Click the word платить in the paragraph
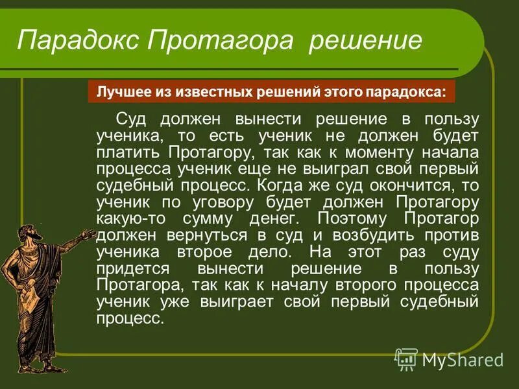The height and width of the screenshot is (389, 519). tap(128, 152)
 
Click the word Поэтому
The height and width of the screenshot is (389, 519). tap(353, 217)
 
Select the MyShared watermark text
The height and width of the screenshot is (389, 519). tap(463, 360)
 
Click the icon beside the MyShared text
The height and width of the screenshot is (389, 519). tap(407, 359)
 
